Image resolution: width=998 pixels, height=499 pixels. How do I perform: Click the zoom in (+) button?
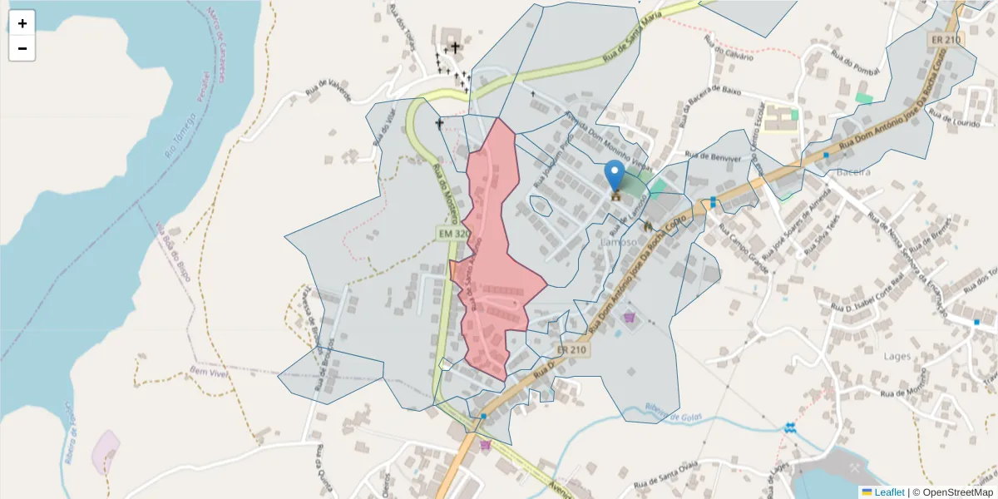pos(22,23)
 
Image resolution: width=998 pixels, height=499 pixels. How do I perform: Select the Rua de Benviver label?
pos(713,156)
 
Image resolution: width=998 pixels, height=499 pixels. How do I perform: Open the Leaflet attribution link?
pos(888,492)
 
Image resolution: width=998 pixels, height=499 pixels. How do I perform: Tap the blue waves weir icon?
pos(789,427)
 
